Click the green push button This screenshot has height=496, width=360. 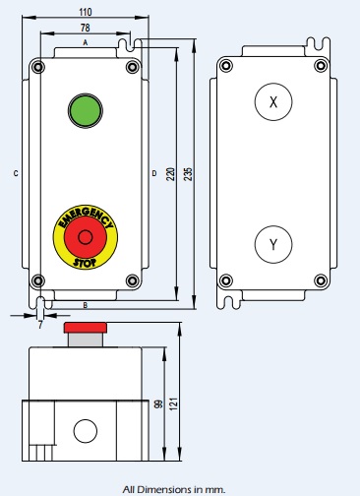[x=86, y=110]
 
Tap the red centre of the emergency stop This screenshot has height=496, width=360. [x=86, y=237]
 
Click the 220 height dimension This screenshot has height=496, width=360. [x=170, y=173]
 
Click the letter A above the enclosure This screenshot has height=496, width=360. [x=86, y=43]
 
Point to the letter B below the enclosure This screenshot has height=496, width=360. [x=86, y=305]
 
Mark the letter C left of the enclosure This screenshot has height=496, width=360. [x=17, y=174]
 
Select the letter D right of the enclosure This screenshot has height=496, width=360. [x=153, y=174]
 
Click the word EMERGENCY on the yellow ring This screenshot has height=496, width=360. [x=85, y=216]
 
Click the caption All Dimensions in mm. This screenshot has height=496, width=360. [x=174, y=488]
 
